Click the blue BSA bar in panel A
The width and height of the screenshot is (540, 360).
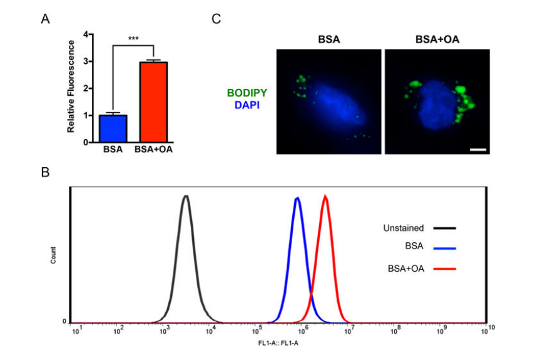pos(113,128)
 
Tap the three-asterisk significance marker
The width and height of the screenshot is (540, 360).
pos(133,39)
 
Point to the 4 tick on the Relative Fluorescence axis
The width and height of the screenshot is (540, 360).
pos(83,34)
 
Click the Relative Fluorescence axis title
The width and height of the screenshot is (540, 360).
pos(71,86)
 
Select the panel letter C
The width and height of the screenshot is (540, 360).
pos(217,19)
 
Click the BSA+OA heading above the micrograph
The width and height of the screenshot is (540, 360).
pos(437,39)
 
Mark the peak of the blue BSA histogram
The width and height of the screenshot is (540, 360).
pos(297,198)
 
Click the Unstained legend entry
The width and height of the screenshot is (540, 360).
pos(404,228)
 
